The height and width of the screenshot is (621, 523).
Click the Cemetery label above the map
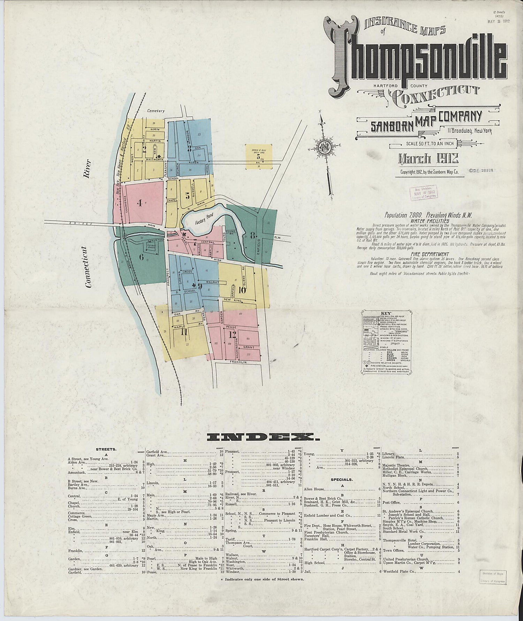point(155,111)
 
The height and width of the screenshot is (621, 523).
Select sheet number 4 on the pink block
point(139,202)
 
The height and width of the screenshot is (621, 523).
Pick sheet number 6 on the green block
point(142,258)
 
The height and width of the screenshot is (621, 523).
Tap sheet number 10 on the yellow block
point(242,290)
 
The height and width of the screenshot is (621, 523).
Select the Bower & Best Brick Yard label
point(258,151)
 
